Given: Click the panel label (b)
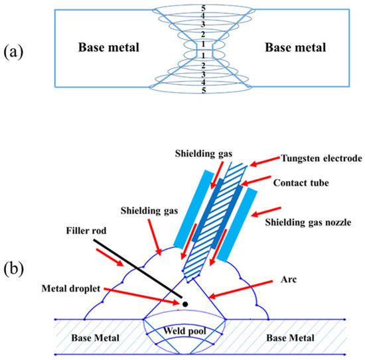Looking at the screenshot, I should (x=15, y=272).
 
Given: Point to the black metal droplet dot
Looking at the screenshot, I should (x=185, y=304).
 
